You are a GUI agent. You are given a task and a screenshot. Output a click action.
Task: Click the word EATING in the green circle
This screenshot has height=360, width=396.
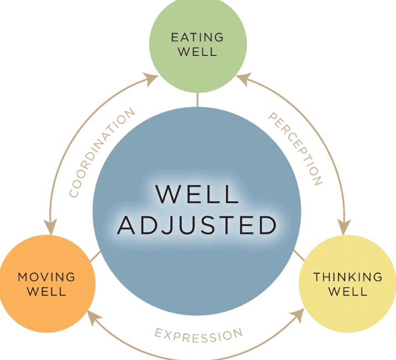197,38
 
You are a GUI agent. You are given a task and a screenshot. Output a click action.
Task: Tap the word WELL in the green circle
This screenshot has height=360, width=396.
197,53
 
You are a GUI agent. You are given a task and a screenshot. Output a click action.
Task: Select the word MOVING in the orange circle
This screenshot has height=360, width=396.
46,276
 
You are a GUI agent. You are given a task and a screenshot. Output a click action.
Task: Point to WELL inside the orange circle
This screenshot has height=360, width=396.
46,291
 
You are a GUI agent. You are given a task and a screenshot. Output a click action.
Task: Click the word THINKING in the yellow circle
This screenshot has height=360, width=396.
348,276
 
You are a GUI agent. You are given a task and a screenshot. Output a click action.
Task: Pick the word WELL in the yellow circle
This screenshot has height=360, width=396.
348,291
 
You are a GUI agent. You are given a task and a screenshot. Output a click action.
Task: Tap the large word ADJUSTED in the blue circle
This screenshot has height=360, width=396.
197,225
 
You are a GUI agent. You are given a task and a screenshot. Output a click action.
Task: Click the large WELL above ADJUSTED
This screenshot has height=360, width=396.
197,194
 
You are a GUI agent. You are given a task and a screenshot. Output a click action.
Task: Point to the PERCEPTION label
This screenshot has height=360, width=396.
295,148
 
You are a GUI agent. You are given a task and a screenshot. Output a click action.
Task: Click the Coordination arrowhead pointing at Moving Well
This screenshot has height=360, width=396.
51,227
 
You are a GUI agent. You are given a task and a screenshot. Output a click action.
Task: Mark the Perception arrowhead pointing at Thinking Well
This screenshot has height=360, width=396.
344,227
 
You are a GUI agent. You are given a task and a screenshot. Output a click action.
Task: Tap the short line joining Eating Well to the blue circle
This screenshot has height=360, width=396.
197,100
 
